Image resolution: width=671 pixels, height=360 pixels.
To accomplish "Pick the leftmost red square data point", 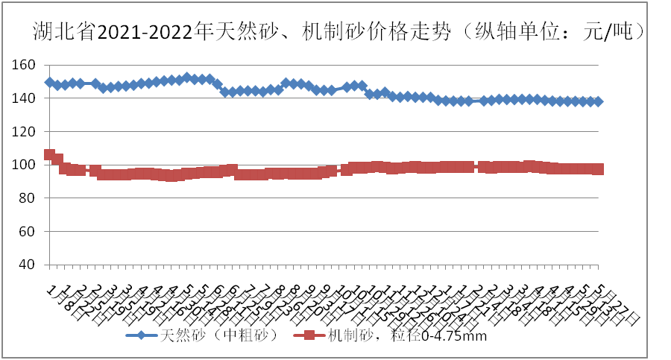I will pyautogui.click(x=50, y=154).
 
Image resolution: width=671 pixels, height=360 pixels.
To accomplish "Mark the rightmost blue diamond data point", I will pyautogui.click(x=598, y=101).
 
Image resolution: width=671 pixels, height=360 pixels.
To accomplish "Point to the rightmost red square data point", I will pyautogui.click(x=598, y=169).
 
